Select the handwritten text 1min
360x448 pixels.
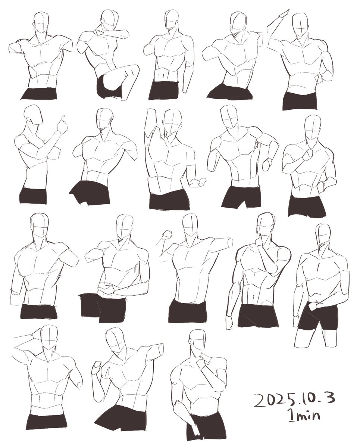pyautogui.click(x=300, y=415)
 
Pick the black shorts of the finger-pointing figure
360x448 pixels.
pyautogui.click(x=34, y=196)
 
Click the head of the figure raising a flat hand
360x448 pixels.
pyautogui.click(x=302, y=26)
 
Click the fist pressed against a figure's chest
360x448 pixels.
pyautogui.click(x=308, y=154)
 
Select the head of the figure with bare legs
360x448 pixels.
pyautogui.click(x=323, y=235)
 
